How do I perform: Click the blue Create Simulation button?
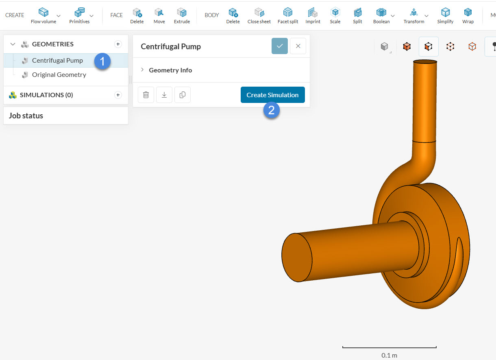pos(272,95)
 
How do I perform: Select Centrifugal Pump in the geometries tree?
pos(57,61)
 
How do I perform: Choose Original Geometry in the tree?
pos(59,75)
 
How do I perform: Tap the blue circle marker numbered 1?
pos(102,61)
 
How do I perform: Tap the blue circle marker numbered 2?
pos(272,110)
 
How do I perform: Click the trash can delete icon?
pos(146,95)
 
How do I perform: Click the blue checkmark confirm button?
pos(280,46)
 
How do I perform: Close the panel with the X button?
pos(298,46)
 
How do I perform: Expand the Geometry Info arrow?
pos(142,70)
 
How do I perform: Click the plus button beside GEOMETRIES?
pos(118,44)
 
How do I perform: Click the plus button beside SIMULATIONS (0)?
pos(118,95)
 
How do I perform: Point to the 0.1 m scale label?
pos(389,355)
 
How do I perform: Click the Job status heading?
pos(26,116)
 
